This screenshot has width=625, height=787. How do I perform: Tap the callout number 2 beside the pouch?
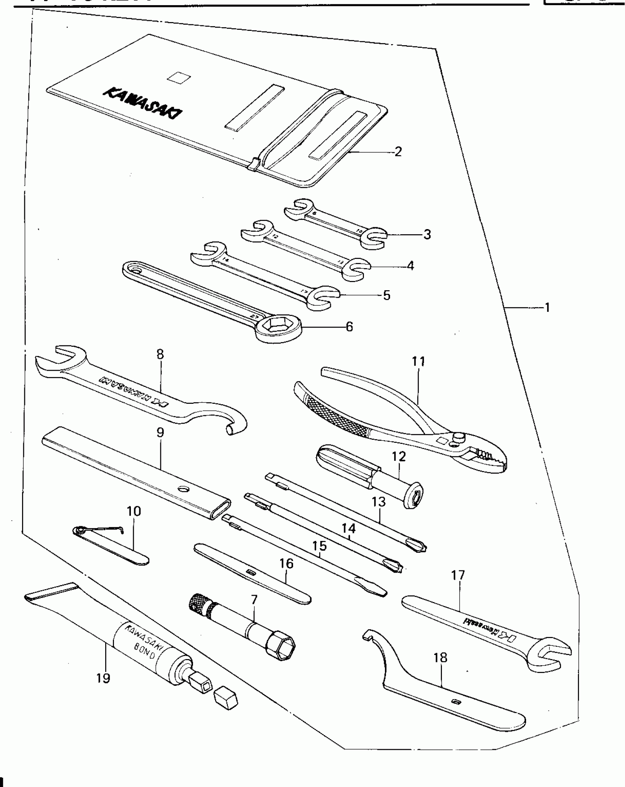point(398,151)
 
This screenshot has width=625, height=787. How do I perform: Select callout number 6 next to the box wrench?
point(349,326)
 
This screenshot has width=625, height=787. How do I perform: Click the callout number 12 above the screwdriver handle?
point(399,456)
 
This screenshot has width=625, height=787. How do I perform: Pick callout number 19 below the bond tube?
point(103,677)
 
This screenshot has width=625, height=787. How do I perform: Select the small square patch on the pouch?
point(178,77)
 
